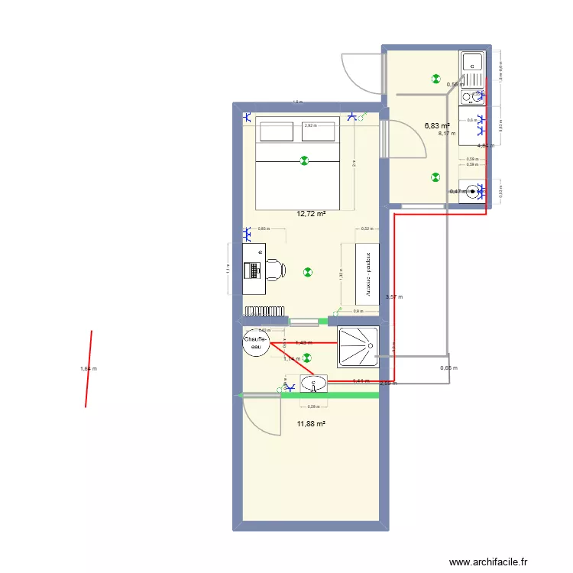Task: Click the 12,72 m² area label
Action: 310,214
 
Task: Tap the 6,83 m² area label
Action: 437,125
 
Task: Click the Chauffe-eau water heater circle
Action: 253,343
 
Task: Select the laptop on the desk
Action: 252,270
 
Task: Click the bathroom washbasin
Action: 313,383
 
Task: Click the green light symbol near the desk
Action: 307,271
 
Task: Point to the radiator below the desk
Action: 264,311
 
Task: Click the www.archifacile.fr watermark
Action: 487,562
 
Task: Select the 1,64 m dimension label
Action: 89,369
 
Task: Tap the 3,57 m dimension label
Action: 394,296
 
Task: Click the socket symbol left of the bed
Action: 248,118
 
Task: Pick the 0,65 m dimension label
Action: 449,368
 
